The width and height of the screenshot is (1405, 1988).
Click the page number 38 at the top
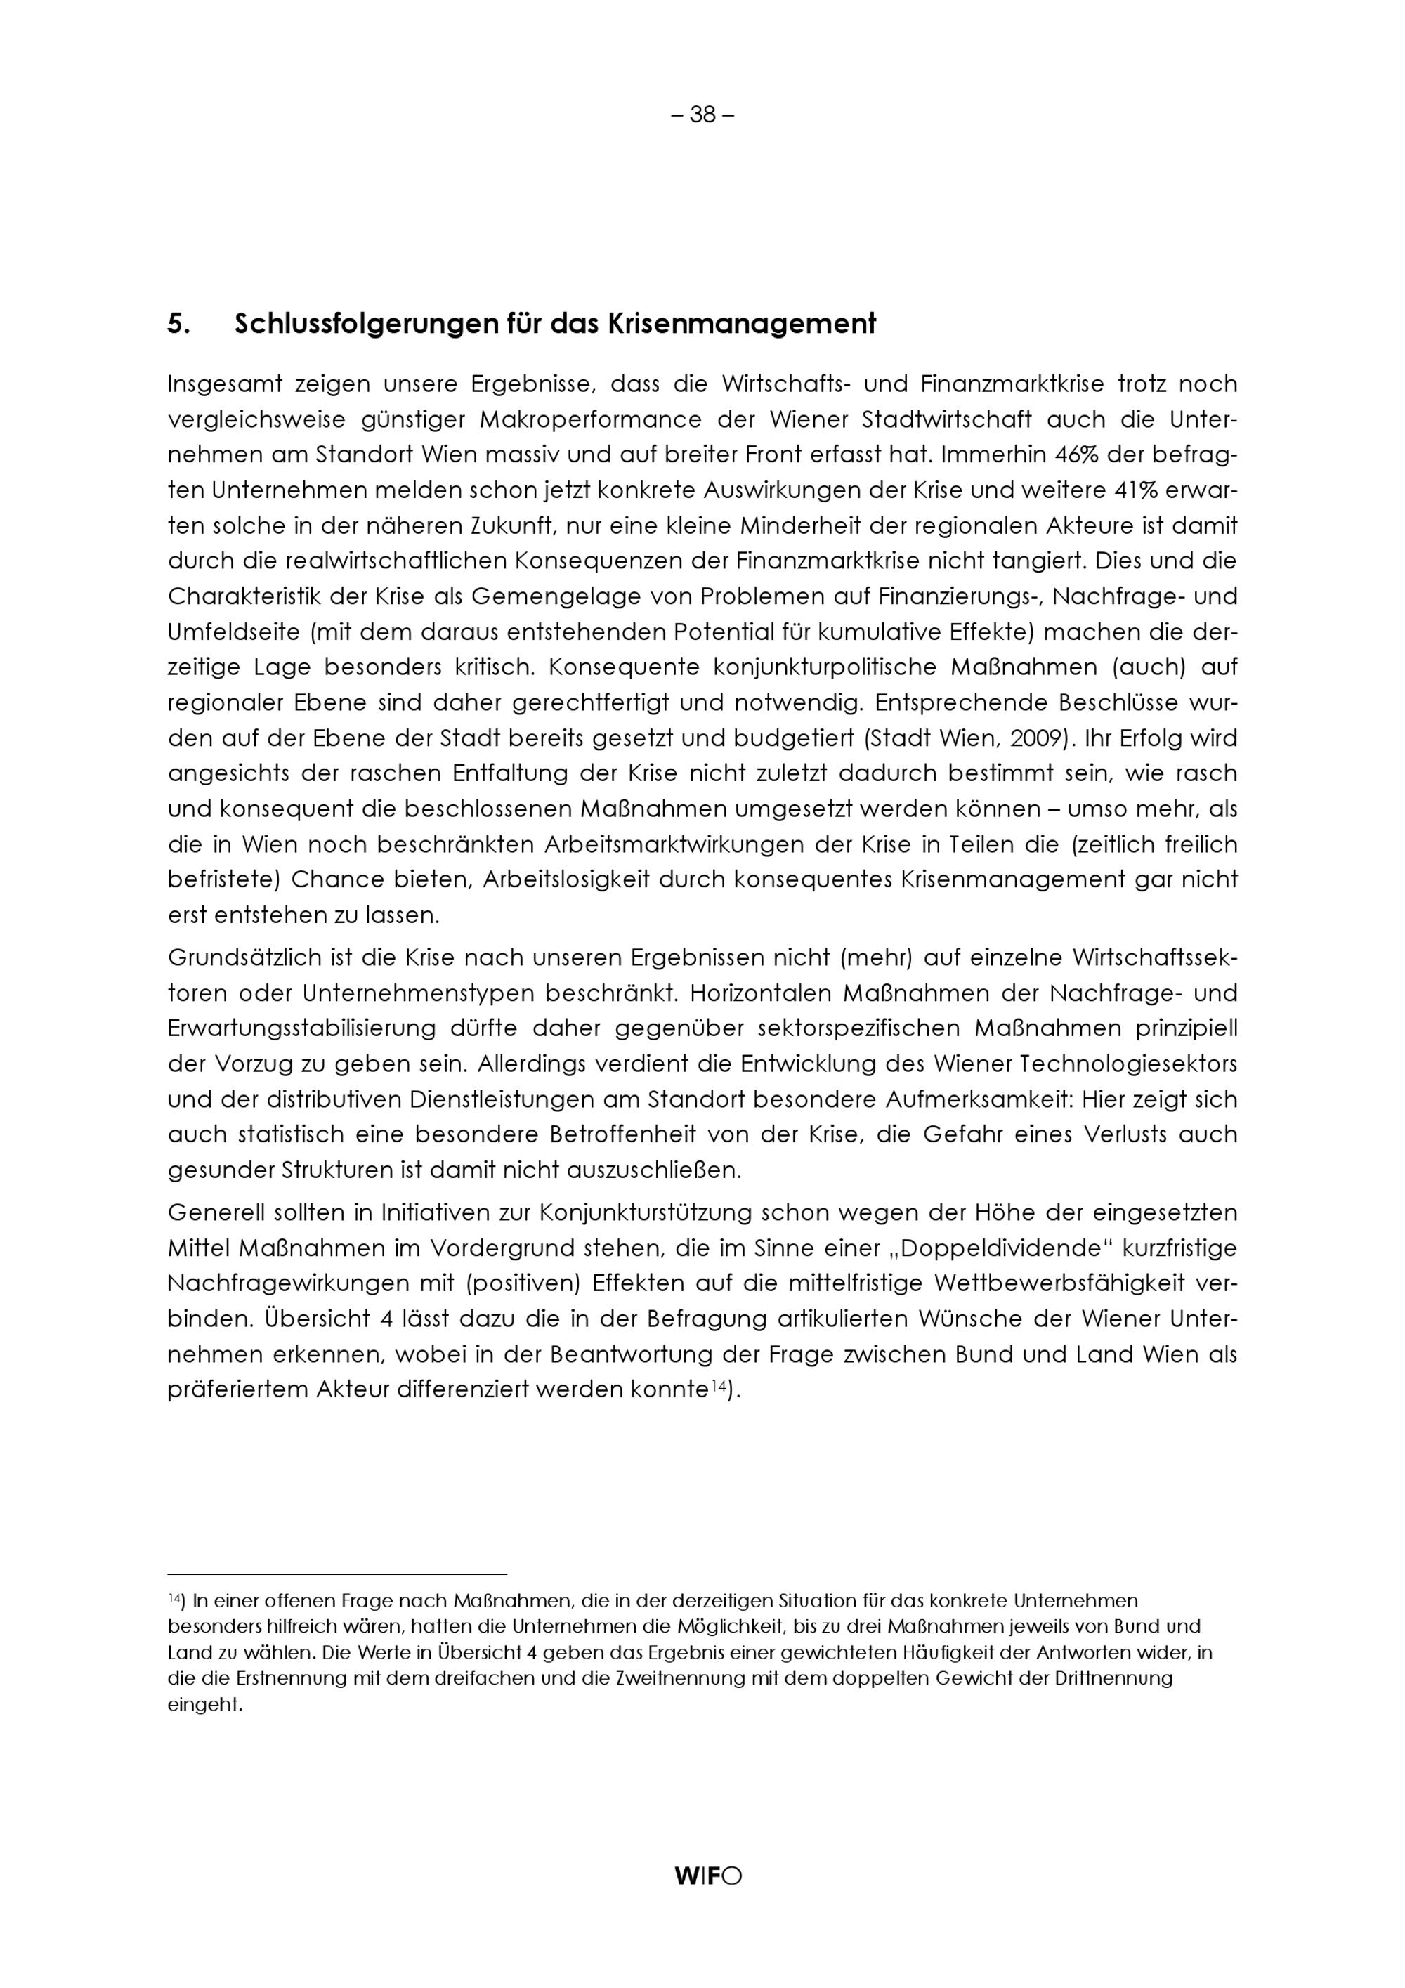click(x=702, y=115)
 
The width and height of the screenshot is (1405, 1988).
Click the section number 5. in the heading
click(x=178, y=325)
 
